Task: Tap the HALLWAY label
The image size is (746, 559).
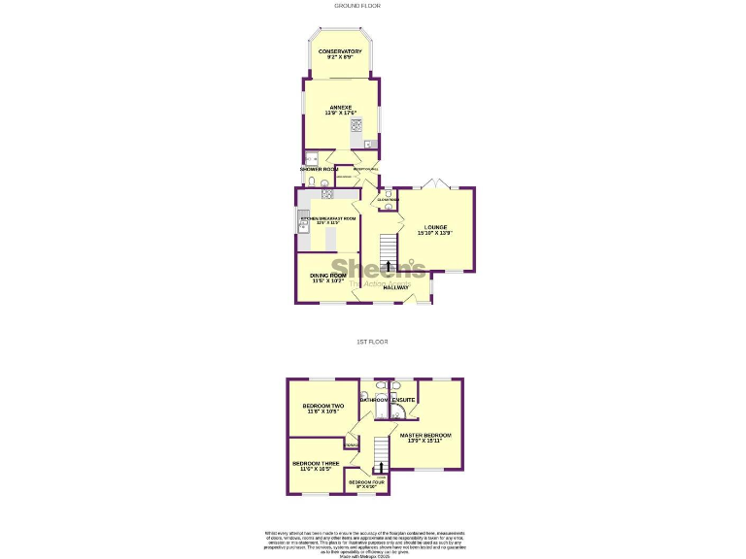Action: pyautogui.click(x=395, y=287)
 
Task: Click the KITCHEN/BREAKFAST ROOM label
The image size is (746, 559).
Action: pyautogui.click(x=328, y=220)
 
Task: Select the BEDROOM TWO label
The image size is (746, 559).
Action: pyautogui.click(x=323, y=408)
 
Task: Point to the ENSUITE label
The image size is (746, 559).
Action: pyautogui.click(x=404, y=400)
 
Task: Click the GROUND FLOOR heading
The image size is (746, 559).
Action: pyautogui.click(x=357, y=6)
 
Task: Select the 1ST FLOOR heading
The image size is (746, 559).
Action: pyautogui.click(x=372, y=342)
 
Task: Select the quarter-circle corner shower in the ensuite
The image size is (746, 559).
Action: pyautogui.click(x=398, y=412)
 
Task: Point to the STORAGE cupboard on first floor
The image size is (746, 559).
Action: pyautogui.click(x=350, y=444)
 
